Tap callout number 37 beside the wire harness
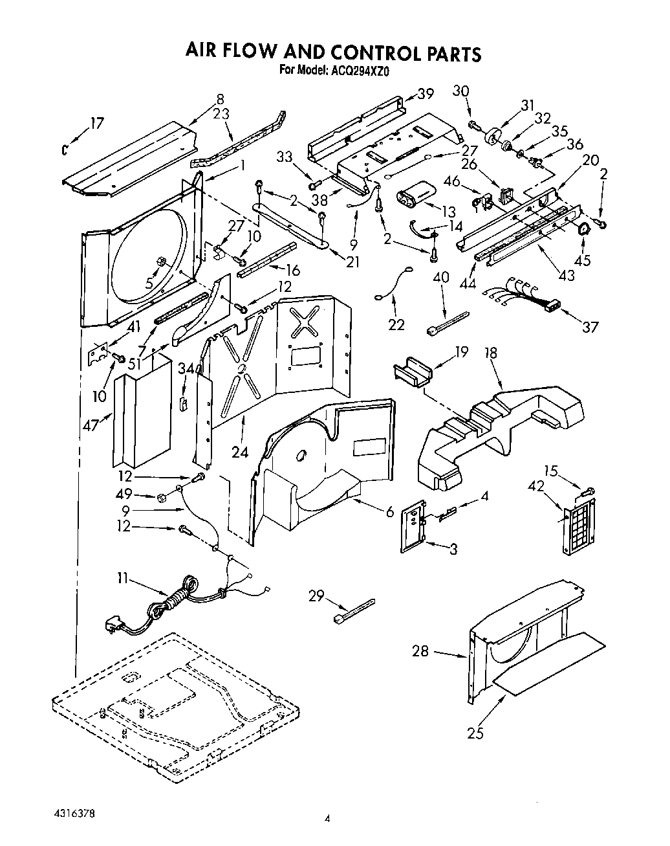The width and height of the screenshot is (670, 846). [x=589, y=326]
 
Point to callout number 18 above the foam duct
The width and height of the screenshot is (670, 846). [x=492, y=353]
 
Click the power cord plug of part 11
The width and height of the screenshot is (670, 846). [x=113, y=625]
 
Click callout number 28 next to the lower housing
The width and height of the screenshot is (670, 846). [x=420, y=651]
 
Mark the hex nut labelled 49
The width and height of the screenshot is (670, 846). [x=162, y=497]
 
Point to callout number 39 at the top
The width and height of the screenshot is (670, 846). [x=425, y=94]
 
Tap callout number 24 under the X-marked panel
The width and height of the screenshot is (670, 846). [x=240, y=434]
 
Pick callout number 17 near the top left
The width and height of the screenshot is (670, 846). [x=96, y=122]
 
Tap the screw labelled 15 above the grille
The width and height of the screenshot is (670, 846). [x=588, y=493]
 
